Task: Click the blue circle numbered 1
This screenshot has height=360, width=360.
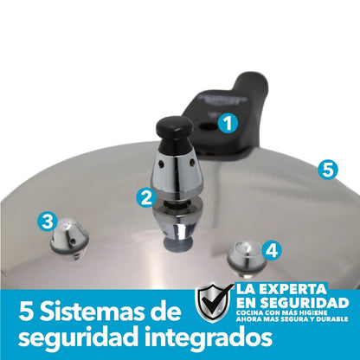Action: tap(228, 124)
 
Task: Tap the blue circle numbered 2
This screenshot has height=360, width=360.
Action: tap(146, 198)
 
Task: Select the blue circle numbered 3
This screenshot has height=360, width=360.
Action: tap(48, 222)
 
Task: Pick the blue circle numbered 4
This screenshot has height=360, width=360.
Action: tap(272, 250)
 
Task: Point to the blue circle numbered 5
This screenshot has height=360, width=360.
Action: tap(328, 170)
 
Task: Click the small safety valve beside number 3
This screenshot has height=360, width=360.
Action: tap(70, 238)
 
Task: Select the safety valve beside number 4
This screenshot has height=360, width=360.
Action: tap(247, 258)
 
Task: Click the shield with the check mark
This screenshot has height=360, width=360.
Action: tap(213, 302)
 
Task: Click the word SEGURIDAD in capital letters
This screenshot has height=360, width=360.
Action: tap(304, 303)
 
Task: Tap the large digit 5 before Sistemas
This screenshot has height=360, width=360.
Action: tap(26, 312)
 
